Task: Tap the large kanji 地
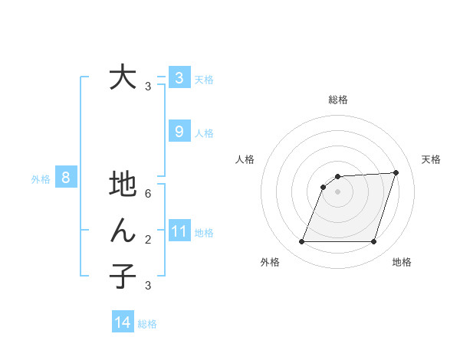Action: click(123, 186)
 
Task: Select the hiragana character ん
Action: click(123, 231)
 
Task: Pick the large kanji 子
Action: click(123, 276)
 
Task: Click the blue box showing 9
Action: click(179, 132)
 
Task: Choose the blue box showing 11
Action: click(179, 231)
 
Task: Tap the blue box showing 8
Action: click(66, 178)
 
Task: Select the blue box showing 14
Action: click(123, 323)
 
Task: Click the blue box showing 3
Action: click(179, 77)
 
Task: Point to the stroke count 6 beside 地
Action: click(148, 194)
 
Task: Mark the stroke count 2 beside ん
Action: click(148, 240)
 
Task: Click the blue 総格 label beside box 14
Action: click(147, 324)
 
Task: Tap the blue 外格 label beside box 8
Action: click(41, 179)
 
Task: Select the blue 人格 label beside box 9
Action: click(204, 133)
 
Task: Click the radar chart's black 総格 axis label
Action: click(338, 100)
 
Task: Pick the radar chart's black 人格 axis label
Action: click(245, 159)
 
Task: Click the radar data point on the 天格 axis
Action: click(396, 172)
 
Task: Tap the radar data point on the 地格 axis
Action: click(373, 242)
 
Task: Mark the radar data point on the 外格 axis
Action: click(302, 242)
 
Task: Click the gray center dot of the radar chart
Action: click(337, 192)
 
